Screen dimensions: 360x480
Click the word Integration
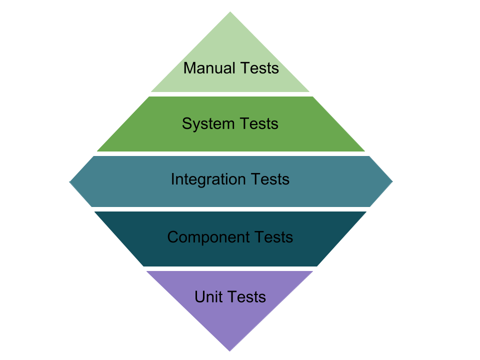pos(208,179)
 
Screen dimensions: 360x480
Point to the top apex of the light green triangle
pos(230,12)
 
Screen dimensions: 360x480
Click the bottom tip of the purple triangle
pos(230,350)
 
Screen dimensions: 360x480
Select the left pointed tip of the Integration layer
pos(69,181)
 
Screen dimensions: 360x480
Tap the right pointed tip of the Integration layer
pos(392,181)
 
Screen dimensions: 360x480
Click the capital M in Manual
pos(189,68)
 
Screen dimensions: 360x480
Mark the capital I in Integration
pos(173,179)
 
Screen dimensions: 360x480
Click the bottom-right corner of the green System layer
pos(364,150)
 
